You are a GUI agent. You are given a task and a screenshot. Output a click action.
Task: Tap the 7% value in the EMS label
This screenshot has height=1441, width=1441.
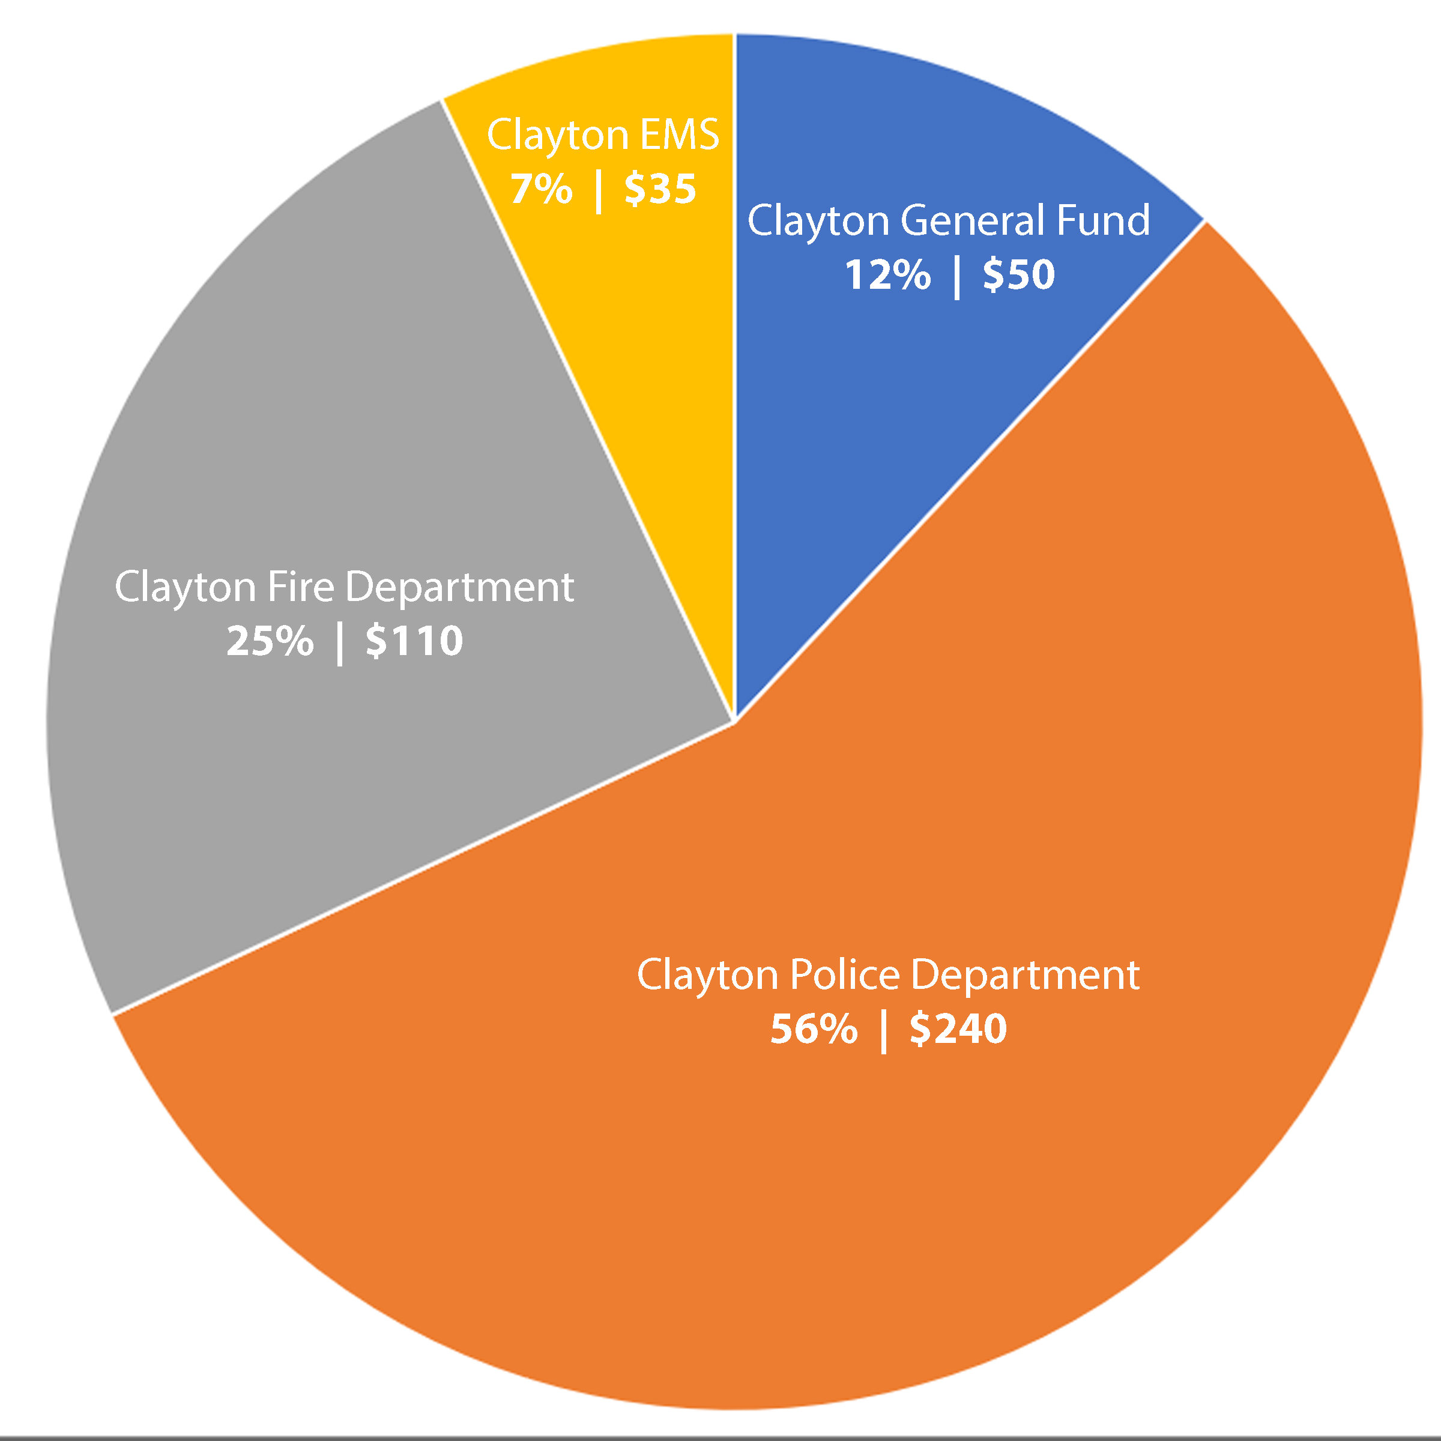click(541, 188)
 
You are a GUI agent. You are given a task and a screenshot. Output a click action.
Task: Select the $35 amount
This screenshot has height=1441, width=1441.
click(659, 188)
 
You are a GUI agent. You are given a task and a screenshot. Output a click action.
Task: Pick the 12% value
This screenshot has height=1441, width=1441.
click(887, 274)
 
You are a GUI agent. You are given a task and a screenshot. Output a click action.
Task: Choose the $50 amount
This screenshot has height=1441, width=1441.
click(1018, 274)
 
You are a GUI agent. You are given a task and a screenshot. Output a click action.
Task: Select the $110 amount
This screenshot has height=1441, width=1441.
click(414, 641)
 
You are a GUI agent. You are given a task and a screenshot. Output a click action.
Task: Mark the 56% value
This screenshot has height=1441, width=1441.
click(813, 1029)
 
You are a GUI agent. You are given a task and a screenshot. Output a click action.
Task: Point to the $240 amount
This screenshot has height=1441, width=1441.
click(958, 1029)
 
